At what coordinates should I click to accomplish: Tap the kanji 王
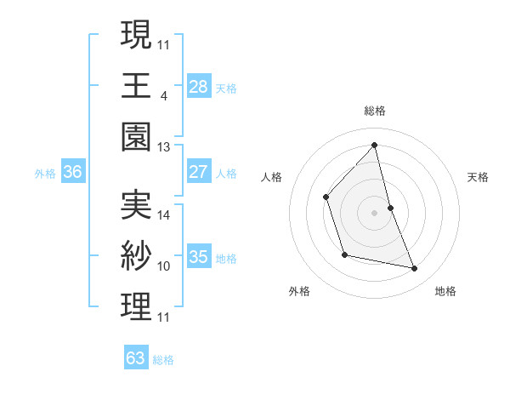136,86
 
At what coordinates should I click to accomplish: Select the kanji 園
136,137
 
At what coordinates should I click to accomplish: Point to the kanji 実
136,205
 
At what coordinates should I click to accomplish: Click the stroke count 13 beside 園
164,147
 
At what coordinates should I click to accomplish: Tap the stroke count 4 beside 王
163,96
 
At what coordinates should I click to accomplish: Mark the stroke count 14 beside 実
164,215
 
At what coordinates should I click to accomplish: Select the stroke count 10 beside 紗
164,266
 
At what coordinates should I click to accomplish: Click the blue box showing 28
198,86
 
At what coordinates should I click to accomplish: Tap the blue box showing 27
198,172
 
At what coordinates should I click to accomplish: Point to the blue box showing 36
73,172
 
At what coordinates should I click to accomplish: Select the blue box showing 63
136,358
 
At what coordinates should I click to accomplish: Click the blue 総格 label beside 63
163,360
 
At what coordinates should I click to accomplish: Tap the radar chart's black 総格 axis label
374,111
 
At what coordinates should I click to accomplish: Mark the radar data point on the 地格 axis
415,269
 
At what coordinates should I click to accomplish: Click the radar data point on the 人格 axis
326,197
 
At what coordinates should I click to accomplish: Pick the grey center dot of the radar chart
374,212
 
